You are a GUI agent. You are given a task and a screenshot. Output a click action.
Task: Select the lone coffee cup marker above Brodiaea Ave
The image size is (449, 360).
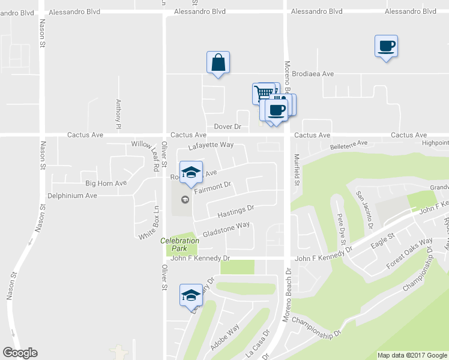coord(386,46)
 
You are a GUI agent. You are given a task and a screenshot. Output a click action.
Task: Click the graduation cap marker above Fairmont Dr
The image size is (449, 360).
coord(191,172)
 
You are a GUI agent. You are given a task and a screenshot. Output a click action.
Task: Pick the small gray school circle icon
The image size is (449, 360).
coord(185,199)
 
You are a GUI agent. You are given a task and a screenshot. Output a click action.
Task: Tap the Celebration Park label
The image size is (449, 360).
coord(179,244)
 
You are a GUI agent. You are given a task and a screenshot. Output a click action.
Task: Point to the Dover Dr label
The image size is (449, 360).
coord(228,127)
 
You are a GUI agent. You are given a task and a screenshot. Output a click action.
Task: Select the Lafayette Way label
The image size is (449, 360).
coord(210,146)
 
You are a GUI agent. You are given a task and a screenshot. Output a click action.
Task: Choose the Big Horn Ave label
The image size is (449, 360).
coord(106,183)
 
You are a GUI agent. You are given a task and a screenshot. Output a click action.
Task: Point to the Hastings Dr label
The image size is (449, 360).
coord(237,211)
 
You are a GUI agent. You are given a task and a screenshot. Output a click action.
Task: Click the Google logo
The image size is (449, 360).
coord(20,353)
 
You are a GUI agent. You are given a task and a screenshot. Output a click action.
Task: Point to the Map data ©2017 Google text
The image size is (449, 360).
coord(412,355)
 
